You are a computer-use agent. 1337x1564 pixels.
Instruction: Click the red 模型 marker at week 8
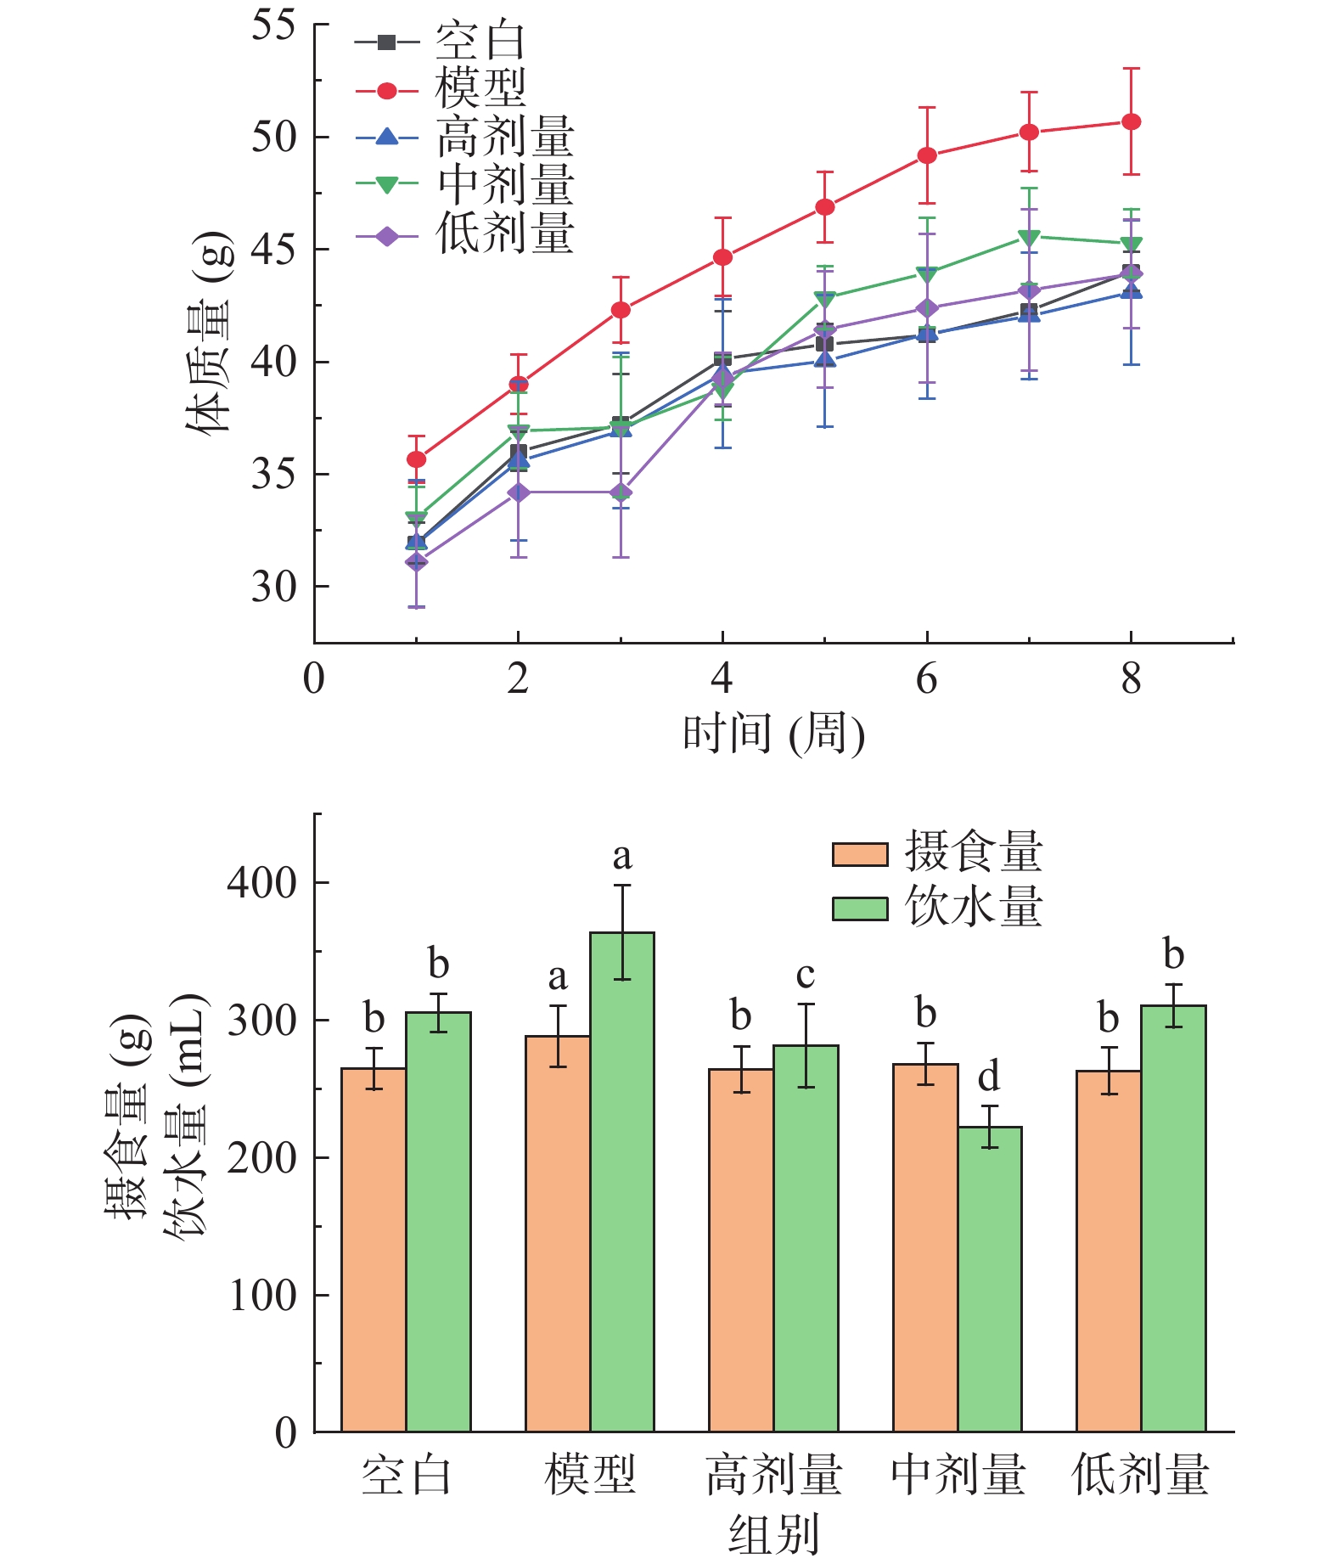point(1131,122)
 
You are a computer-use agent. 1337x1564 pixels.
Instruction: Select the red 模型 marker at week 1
point(416,459)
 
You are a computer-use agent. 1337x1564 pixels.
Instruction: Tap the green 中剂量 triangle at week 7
point(1029,237)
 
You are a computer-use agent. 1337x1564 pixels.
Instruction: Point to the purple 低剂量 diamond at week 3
point(621,492)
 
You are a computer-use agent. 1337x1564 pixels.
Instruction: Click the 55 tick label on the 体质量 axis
point(272,25)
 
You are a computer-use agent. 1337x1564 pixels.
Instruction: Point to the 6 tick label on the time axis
point(926,679)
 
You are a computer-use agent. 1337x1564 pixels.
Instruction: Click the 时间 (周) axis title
point(773,733)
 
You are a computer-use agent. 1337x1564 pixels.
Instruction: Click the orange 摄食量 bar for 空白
point(374,1249)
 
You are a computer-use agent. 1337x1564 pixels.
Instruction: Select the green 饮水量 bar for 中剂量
point(990,1279)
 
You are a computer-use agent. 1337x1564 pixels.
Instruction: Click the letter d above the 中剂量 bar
point(989,1077)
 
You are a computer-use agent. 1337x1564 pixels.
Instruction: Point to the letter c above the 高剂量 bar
point(806,976)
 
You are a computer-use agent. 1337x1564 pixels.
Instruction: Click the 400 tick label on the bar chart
point(261,883)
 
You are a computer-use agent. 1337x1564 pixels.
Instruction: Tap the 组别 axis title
point(773,1535)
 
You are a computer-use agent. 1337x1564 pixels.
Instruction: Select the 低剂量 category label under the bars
point(1140,1475)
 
